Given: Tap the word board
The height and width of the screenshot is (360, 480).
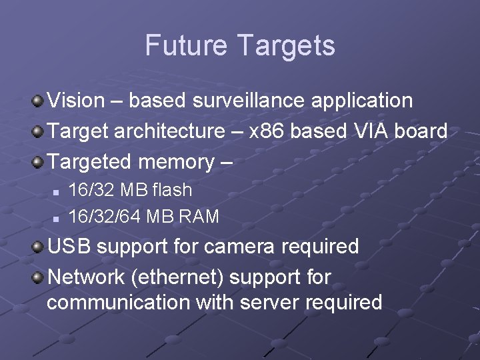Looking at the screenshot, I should click(421, 131).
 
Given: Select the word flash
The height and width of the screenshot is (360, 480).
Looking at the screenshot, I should click(172, 190).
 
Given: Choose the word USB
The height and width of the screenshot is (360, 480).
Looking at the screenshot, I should click(69, 246).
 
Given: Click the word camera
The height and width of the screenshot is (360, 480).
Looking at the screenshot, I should click(239, 246).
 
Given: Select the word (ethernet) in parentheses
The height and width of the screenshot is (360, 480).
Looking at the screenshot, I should click(187, 276).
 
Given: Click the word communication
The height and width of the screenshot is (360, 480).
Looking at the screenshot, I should click(119, 303).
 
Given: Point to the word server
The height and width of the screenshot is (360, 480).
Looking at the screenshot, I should click(270, 303).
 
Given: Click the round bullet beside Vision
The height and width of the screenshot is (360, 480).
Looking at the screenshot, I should click(39, 101).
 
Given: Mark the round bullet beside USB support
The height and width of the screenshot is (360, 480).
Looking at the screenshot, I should click(39, 247).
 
